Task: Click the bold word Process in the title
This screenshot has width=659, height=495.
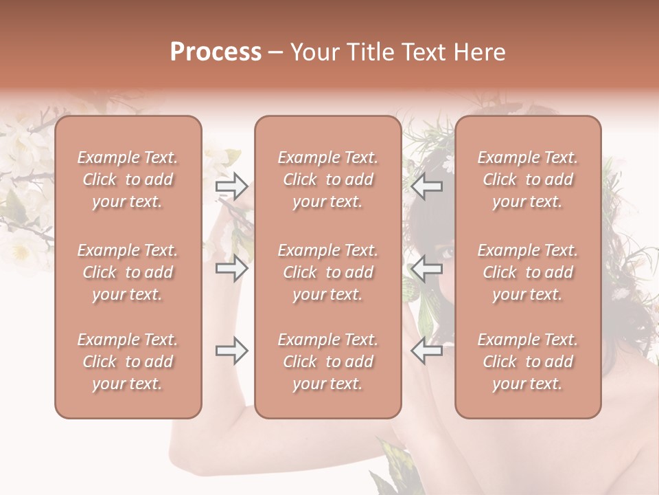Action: (216, 52)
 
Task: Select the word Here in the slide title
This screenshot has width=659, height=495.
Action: (479, 52)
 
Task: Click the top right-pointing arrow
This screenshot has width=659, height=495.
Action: (232, 186)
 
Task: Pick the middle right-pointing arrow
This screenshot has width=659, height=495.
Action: (232, 268)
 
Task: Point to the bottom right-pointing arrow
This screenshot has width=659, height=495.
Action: (232, 351)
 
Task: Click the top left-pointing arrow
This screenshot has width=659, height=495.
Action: (426, 186)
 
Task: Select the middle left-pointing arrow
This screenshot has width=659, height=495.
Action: (426, 268)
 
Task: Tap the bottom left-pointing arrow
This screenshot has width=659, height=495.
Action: (426, 351)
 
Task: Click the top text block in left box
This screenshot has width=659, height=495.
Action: (128, 179)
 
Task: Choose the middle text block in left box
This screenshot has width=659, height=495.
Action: (128, 272)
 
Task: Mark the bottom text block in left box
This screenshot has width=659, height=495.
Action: (128, 362)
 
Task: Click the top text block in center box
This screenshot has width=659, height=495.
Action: (327, 179)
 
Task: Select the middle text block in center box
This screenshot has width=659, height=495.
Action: (327, 272)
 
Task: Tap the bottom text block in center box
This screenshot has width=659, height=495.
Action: (327, 362)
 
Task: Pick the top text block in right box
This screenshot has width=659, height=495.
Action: (527, 179)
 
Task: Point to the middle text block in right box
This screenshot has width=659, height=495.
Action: (527, 272)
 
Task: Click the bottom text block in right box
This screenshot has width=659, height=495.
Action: (527, 362)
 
